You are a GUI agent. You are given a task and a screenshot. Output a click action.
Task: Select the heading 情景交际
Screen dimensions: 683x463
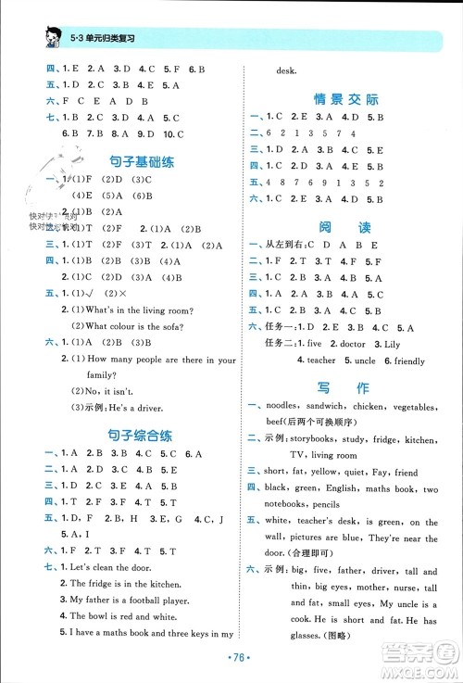347,99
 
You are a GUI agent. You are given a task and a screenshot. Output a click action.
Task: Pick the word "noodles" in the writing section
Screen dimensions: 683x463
286,407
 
